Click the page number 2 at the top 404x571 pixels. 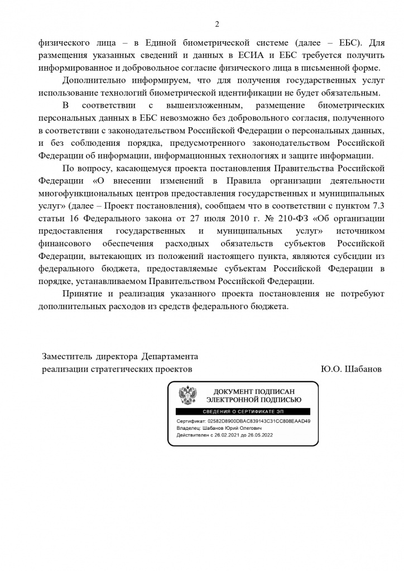(217, 23)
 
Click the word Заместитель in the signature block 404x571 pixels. (66, 356)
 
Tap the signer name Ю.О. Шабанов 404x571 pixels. (351, 369)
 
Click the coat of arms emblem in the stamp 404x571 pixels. (187, 396)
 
